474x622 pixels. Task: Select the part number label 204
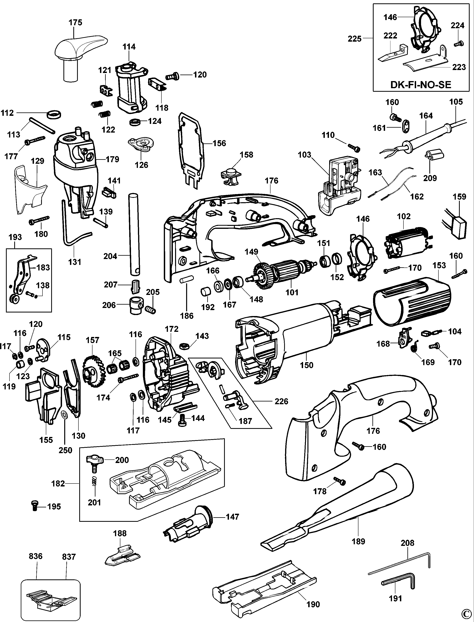point(110,256)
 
